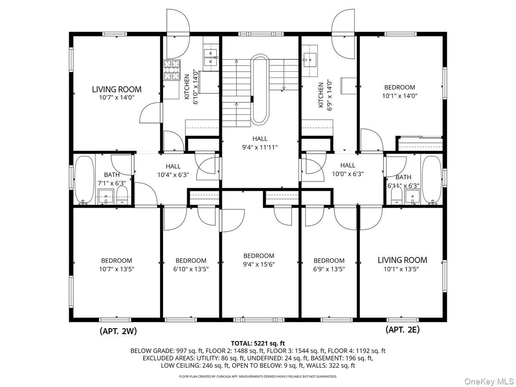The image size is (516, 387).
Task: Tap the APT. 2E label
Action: coord(402,330)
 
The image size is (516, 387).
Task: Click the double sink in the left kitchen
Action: coord(211,57)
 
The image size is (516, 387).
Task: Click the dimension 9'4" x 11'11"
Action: coord(260,147)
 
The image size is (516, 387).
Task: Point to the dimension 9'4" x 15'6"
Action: coord(259,264)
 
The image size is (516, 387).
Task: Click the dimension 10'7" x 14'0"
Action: coord(117,98)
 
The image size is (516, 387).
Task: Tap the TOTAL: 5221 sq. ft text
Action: coord(258,343)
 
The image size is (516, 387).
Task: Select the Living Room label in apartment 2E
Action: coord(402,260)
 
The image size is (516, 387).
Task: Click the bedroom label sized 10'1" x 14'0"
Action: coord(399,87)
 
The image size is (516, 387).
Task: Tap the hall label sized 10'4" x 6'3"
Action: coord(173,166)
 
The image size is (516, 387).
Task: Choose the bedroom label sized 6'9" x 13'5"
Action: coord(329,261)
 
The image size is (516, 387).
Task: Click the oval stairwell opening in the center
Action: coord(260,89)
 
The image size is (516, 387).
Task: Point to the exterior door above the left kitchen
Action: coord(178,34)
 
